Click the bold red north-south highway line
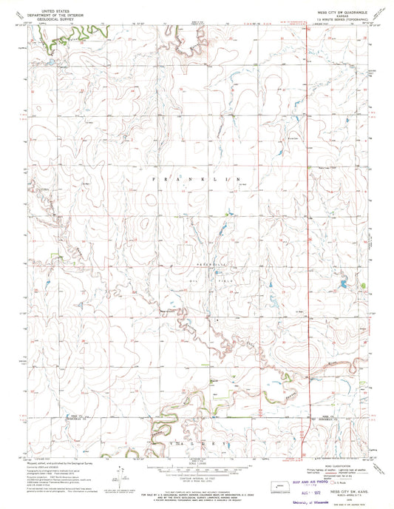point(306,222)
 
